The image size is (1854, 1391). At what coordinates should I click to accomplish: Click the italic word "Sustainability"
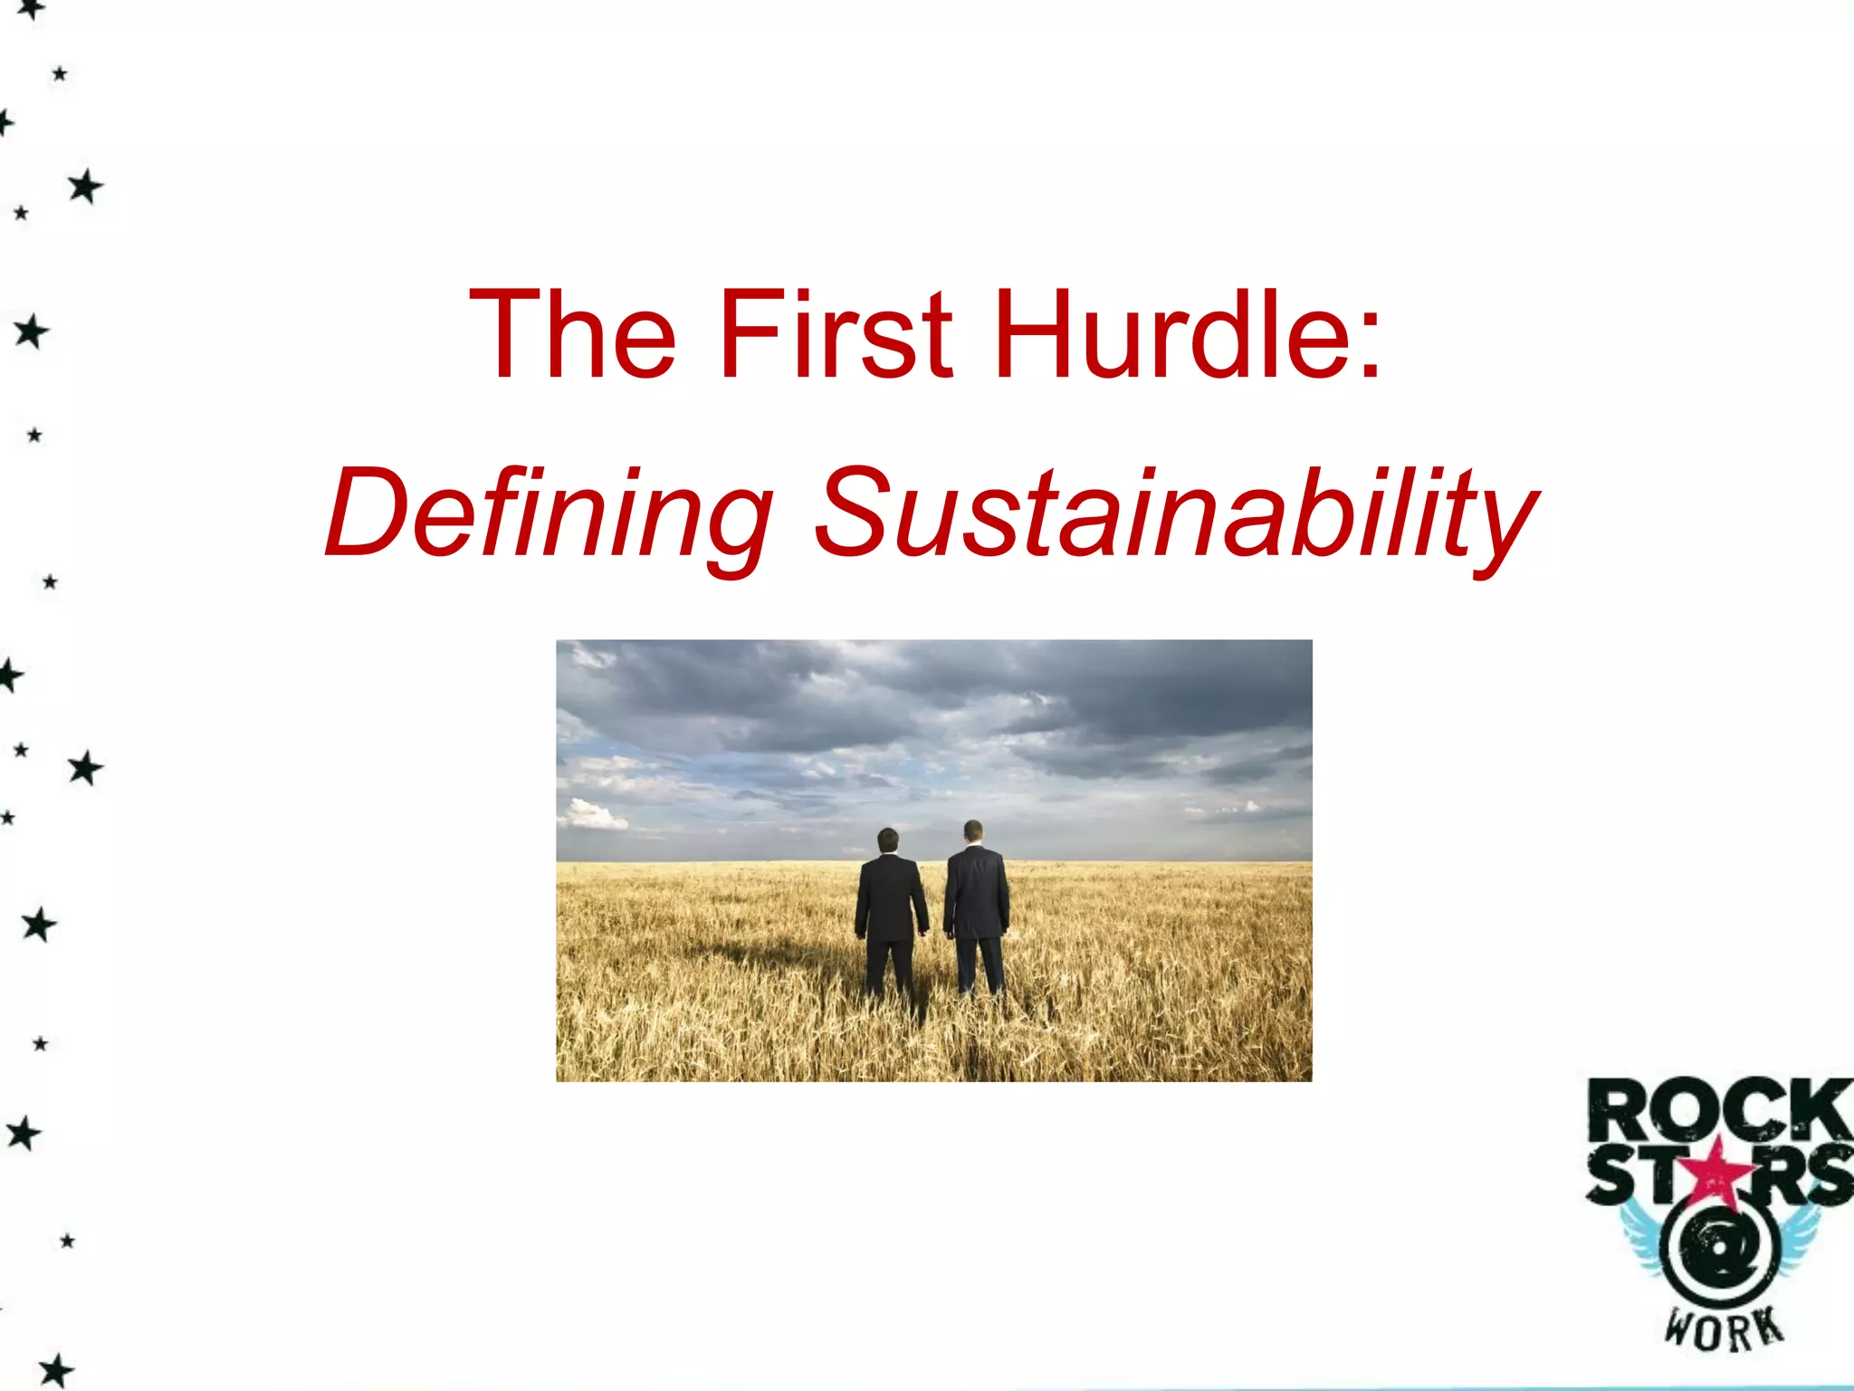tap(1175, 514)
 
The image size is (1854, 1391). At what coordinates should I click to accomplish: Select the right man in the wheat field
tap(976, 906)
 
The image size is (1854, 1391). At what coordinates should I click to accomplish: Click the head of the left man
tap(888, 839)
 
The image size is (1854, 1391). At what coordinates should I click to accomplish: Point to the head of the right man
tap(973, 830)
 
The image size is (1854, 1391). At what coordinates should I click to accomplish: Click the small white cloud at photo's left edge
tap(592, 814)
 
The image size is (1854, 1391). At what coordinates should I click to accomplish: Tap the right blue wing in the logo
tap(1797, 1236)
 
